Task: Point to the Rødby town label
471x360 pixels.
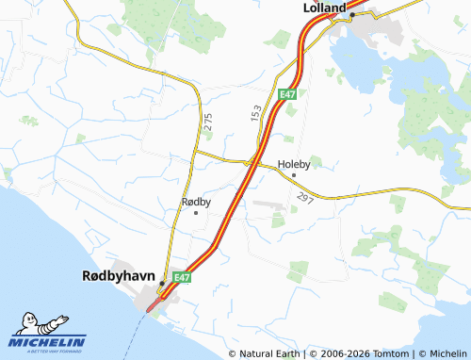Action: pos(195,202)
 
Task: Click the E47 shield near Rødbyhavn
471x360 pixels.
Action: pos(183,277)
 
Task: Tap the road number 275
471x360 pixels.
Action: pos(207,122)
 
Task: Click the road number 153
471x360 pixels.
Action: pos(255,112)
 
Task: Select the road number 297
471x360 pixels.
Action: pos(303,198)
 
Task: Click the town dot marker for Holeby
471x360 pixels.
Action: pos(294,175)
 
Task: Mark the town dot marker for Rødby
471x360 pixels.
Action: pos(195,213)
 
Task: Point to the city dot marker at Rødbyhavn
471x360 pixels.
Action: pos(162,283)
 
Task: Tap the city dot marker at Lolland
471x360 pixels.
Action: pos(351,15)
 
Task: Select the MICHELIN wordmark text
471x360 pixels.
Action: pos(48,342)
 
